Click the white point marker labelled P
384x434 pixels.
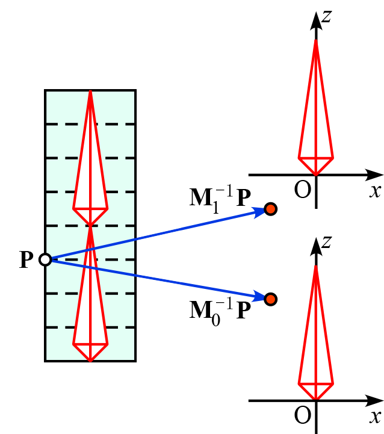click(x=45, y=259)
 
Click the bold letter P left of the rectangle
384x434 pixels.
click(x=26, y=260)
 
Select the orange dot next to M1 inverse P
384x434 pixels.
click(x=270, y=209)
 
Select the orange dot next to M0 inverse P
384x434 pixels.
click(x=270, y=299)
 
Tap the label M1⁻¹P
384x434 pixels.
click(x=220, y=197)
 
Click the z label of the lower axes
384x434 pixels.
click(x=326, y=241)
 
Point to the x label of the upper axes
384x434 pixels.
click(x=376, y=191)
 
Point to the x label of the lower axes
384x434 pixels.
click(x=376, y=417)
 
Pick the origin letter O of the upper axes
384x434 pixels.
click(x=302, y=190)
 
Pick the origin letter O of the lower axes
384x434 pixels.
click(x=302, y=415)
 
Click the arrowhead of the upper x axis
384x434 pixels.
click(x=376, y=175)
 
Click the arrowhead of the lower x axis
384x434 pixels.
click(x=376, y=400)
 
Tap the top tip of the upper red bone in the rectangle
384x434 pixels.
click(x=90, y=91)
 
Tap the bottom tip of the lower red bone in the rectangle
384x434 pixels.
click(x=90, y=361)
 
